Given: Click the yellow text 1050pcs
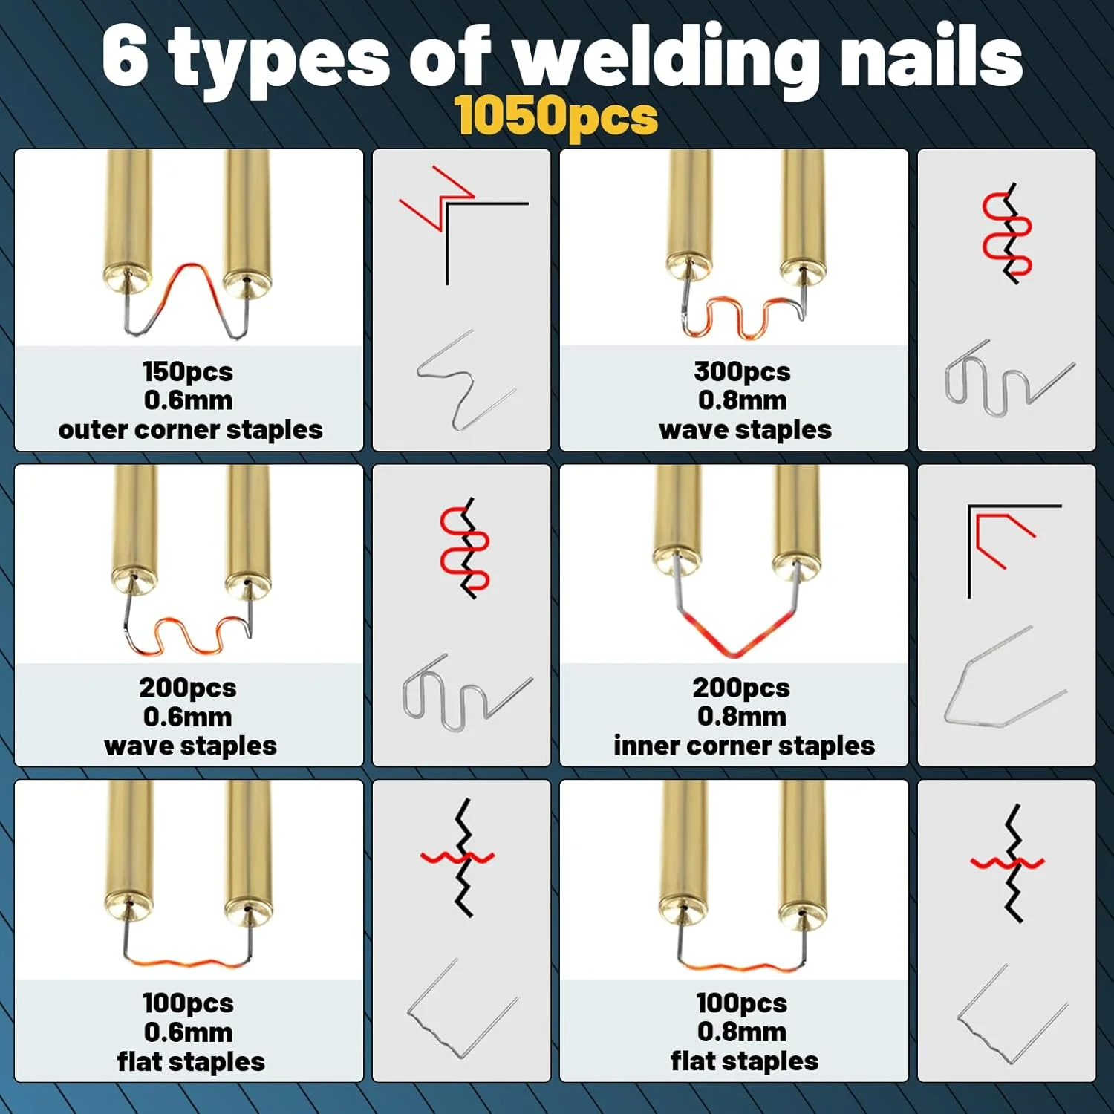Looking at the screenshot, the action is coord(556,117).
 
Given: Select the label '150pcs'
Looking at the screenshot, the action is coord(188,371).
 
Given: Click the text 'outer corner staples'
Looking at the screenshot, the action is coord(190,430).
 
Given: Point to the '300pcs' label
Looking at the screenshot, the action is coord(742,371).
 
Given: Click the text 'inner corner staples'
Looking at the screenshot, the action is coord(744,746).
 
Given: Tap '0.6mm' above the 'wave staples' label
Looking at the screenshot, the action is coord(188,717).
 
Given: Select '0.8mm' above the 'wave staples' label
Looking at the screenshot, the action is coord(742,400).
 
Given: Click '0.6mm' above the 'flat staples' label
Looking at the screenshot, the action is coord(188,1032).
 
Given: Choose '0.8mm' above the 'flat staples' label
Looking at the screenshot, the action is coord(742,1032).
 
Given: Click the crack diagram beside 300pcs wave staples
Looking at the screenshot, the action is coord(1007,233).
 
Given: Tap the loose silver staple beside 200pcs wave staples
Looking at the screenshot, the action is coord(467,692).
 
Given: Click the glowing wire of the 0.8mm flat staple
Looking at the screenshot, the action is coord(741,965).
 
